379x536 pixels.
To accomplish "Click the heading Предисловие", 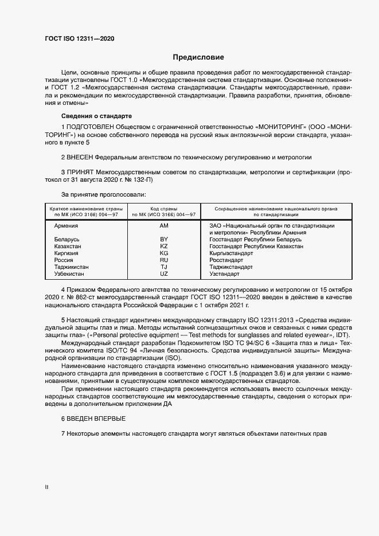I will click(198, 57).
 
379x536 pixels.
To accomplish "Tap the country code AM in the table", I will click(163, 226).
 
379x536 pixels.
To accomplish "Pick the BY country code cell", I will click(163, 239).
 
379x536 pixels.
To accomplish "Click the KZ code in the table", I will click(163, 246).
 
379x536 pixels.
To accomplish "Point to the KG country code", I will click(163, 253).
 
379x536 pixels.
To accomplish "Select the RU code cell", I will click(163, 260).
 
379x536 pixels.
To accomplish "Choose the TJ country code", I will click(163, 267).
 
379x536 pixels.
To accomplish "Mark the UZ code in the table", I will click(163, 273).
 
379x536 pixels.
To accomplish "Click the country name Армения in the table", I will click(66, 226).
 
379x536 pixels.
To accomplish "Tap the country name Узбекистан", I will click(70, 273).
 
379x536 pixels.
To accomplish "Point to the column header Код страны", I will click(163, 209).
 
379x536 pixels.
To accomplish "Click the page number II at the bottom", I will click(46, 488).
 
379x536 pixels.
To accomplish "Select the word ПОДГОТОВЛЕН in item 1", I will click(90, 126).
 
